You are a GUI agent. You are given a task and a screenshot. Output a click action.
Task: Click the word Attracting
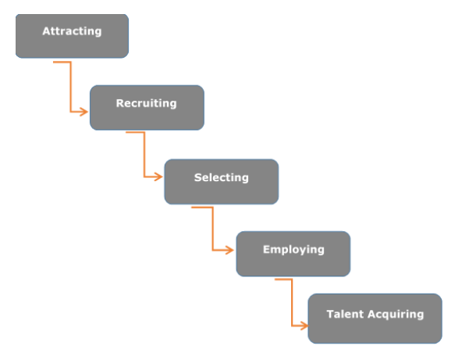click(72, 31)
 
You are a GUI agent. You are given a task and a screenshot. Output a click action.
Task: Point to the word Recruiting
click(146, 103)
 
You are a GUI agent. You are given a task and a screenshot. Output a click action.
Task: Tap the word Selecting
click(221, 177)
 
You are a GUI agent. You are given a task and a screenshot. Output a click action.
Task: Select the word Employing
click(293, 250)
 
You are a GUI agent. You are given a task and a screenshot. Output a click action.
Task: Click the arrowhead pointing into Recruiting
click(84, 112)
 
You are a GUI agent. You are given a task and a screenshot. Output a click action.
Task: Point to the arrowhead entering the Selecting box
click(158, 177)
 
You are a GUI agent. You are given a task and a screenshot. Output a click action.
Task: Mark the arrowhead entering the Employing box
click(230, 250)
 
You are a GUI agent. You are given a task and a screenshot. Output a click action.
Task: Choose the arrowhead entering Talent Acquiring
click(303, 323)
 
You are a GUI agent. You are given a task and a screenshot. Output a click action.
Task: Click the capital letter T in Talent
click(330, 315)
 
